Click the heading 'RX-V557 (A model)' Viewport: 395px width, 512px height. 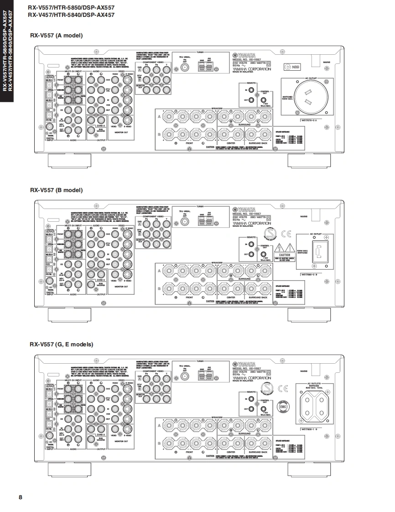[56, 36]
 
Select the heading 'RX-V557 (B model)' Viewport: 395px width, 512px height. [56, 190]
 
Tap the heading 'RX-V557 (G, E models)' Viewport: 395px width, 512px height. [61, 344]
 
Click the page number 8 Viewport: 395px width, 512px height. [20, 497]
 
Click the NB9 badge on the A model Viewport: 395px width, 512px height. [293, 68]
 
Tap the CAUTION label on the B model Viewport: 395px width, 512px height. [285, 255]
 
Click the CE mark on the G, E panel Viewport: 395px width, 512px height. [283, 389]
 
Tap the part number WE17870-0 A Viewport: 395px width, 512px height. [312, 120]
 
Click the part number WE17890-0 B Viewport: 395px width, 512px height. [312, 275]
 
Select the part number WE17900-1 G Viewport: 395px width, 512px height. [312, 429]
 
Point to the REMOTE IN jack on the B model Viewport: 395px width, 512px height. [251, 245]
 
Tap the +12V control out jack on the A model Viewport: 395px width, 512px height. [264, 99]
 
